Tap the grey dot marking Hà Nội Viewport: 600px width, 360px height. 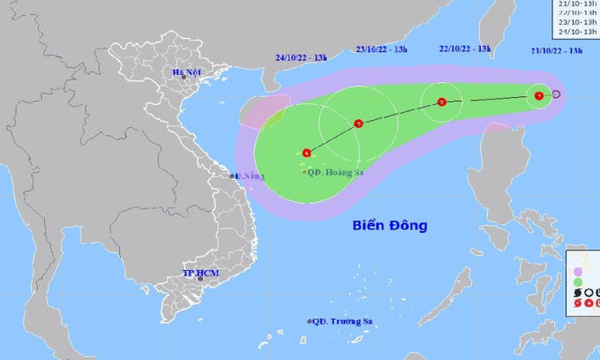[184, 79]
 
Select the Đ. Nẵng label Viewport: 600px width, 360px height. [250, 176]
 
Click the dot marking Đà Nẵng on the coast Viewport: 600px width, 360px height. [233, 176]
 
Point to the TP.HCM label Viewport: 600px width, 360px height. [200, 274]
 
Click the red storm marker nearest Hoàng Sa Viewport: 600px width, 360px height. [306, 152]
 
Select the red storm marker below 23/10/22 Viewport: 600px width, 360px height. [358, 124]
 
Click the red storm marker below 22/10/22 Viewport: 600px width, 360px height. [442, 102]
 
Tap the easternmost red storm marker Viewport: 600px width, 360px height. [538, 96]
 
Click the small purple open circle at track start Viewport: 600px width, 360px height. [557, 94]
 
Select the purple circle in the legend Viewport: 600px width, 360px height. [578, 271]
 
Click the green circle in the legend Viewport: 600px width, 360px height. [578, 281]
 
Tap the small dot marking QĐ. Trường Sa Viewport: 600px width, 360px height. [310, 321]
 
